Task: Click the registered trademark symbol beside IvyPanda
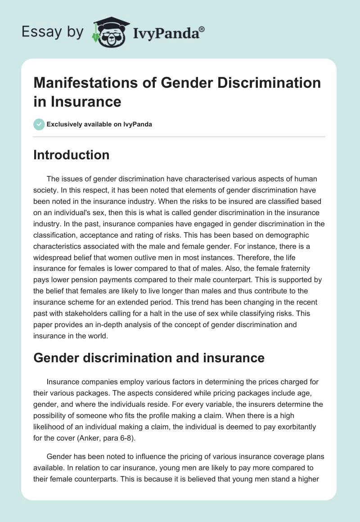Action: tap(202, 28)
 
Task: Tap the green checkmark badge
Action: tap(39, 124)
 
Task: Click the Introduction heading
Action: tap(72, 155)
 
